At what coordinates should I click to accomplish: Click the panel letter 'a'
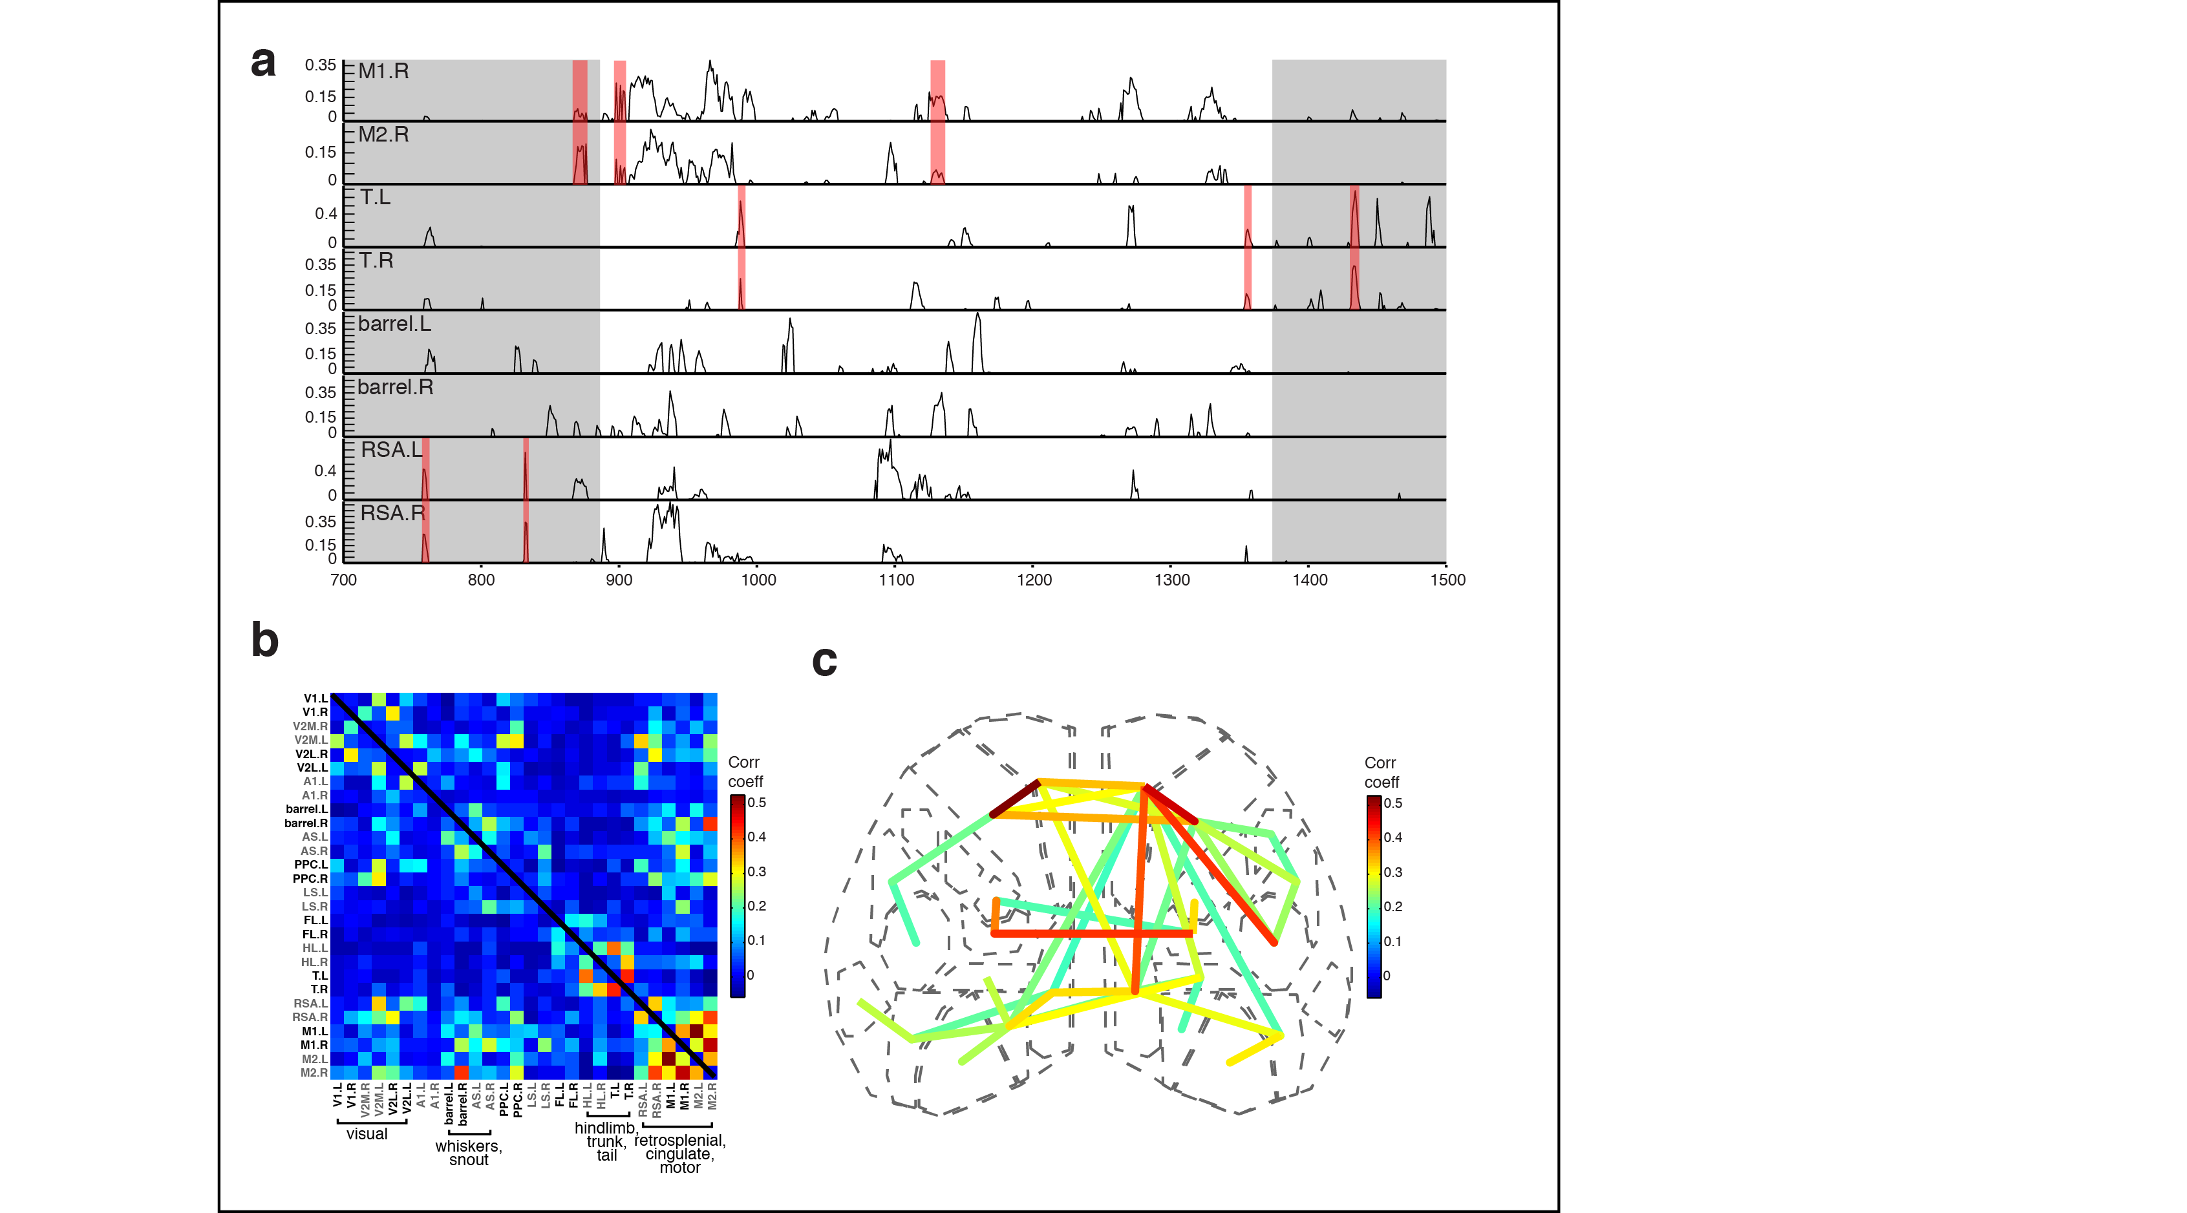click(263, 63)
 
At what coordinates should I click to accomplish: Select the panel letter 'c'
click(824, 661)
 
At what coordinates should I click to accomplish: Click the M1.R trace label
click(384, 71)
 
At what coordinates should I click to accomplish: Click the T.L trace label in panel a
click(375, 198)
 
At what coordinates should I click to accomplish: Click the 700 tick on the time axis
click(343, 580)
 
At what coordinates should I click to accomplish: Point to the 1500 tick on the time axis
click(1447, 580)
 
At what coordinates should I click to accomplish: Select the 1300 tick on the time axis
click(1171, 580)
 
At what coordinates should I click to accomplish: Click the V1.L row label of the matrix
click(316, 699)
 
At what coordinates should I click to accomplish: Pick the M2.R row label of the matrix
click(314, 1073)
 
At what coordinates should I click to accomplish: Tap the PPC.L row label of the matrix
click(311, 865)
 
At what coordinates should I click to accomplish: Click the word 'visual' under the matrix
click(367, 1134)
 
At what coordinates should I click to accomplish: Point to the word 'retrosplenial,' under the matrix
click(680, 1140)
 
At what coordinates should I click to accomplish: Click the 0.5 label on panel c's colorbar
click(1393, 803)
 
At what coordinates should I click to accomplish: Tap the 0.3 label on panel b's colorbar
click(756, 872)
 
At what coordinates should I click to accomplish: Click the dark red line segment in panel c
click(1016, 798)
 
